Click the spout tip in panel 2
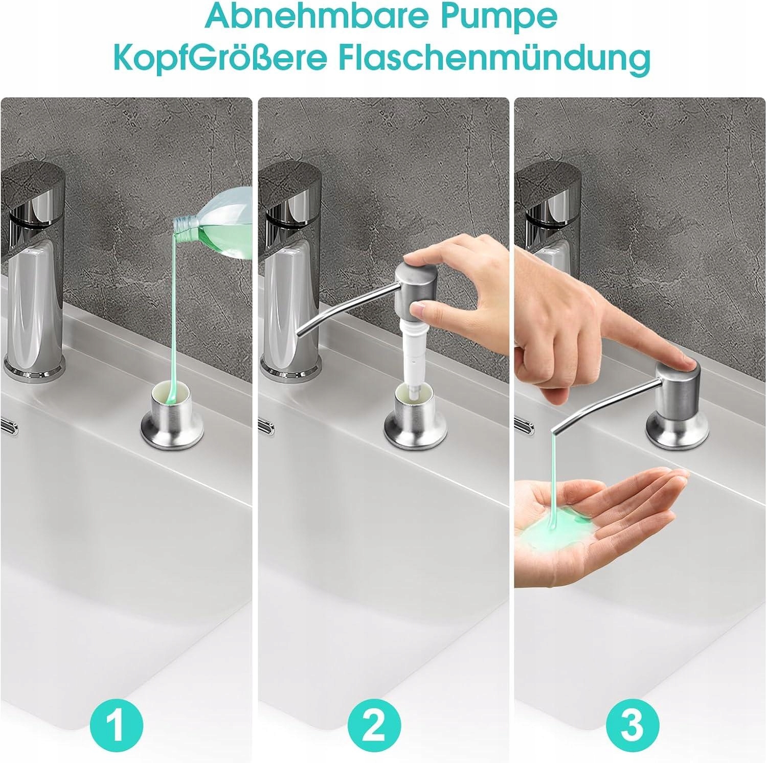coord(300,333)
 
